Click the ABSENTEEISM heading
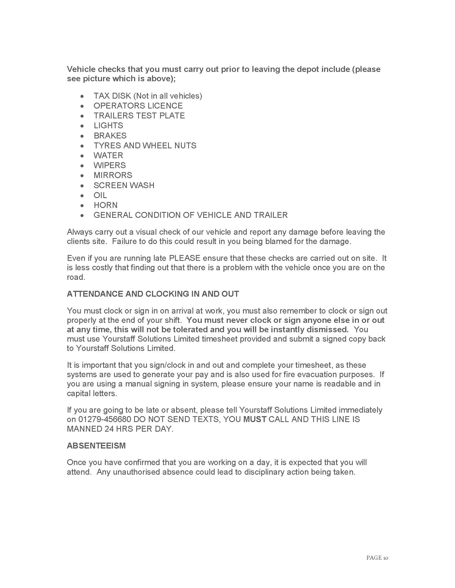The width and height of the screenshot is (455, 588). pyautogui.click(x=96, y=446)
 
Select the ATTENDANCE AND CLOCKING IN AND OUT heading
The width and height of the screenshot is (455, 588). pyautogui.click(x=153, y=294)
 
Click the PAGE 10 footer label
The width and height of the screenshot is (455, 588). pyautogui.click(x=377, y=558)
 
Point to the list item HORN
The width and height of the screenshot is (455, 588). pyautogui.click(x=105, y=205)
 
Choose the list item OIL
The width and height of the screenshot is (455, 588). pyautogui.click(x=100, y=195)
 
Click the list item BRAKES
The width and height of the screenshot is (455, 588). pyautogui.click(x=110, y=136)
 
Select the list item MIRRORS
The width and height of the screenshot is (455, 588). pyautogui.click(x=113, y=175)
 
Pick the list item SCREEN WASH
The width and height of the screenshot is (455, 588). pyautogui.click(x=124, y=185)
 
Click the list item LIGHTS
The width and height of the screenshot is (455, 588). pyautogui.click(x=108, y=125)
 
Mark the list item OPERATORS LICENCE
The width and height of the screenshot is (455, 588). pyautogui.click(x=138, y=106)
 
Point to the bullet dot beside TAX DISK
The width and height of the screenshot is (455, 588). pyautogui.click(x=82, y=96)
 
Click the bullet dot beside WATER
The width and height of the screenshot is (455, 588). pyautogui.click(x=82, y=156)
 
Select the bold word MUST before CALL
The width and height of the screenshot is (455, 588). pyautogui.click(x=255, y=419)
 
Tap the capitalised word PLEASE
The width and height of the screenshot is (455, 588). pyautogui.click(x=185, y=258)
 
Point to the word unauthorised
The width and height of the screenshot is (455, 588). pyautogui.click(x=136, y=472)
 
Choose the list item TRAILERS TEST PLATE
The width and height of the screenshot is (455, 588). pyautogui.click(x=139, y=115)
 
